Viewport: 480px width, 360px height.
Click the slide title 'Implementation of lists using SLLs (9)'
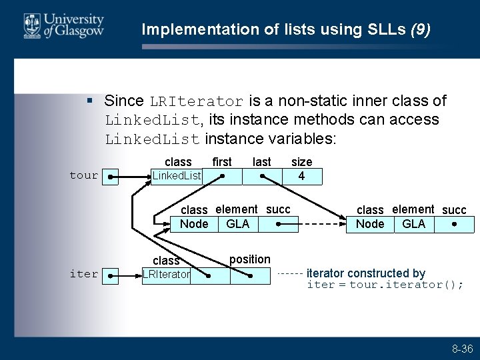click(x=286, y=29)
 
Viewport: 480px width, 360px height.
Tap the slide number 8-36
click(x=462, y=349)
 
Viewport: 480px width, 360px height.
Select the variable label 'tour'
click(x=83, y=175)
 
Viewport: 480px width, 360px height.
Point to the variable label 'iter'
click(x=83, y=274)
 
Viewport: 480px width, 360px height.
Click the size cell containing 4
click(x=301, y=176)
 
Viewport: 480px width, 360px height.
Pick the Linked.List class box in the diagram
click(x=177, y=176)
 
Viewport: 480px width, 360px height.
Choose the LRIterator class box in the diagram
click(x=166, y=275)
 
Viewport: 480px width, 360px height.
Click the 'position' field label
click(x=250, y=259)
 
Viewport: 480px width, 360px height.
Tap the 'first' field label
click(x=221, y=162)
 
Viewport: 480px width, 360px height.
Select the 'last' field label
click(x=262, y=162)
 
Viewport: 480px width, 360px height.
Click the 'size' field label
click(x=301, y=162)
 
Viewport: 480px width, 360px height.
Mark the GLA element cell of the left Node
click(x=237, y=224)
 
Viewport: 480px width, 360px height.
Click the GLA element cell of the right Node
click(x=413, y=224)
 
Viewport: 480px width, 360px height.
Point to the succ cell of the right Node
click(x=453, y=224)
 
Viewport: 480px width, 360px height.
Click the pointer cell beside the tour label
click(x=109, y=177)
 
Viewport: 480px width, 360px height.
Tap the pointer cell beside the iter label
click(x=109, y=275)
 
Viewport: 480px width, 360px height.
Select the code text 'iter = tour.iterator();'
click(x=385, y=285)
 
